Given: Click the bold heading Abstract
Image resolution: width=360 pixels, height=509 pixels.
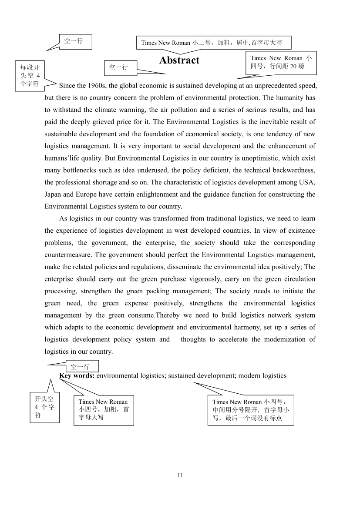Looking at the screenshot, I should (179, 60).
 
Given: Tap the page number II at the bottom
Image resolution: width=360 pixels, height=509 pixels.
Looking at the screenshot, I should (180, 476).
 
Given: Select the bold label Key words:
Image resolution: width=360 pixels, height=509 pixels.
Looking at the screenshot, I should (77, 375).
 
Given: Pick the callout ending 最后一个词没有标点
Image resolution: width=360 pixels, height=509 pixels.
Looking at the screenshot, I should (250, 410).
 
